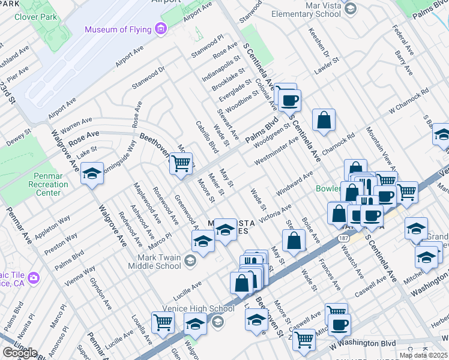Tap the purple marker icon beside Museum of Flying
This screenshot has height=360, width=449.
click(160, 29)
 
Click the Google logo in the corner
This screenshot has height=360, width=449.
click(20, 353)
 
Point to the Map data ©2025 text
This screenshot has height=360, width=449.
click(423, 355)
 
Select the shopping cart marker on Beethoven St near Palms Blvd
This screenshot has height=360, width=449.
click(181, 163)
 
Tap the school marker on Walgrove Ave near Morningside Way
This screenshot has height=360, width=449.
click(92, 174)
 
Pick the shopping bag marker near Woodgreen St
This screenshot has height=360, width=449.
click(324, 119)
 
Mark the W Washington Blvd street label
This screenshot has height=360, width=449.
click(363, 344)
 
